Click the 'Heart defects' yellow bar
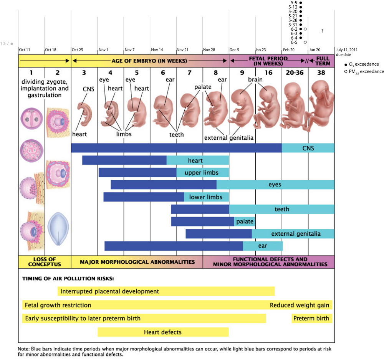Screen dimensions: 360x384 click(x=163, y=332)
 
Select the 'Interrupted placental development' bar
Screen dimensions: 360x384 click(x=166, y=291)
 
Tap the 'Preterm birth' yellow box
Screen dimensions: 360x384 click(x=311, y=318)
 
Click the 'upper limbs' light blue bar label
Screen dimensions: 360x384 click(x=202, y=173)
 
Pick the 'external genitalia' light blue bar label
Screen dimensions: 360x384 click(x=296, y=234)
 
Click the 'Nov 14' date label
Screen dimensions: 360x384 click(x=157, y=50)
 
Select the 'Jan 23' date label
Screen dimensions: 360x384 click(x=261, y=50)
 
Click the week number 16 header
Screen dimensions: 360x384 click(x=268, y=73)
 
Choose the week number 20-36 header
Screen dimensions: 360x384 click(x=295, y=73)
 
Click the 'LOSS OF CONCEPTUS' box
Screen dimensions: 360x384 click(x=45, y=262)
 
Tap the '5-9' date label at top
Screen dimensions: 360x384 click(x=295, y=3)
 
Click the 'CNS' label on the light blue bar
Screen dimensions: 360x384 click(x=308, y=148)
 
